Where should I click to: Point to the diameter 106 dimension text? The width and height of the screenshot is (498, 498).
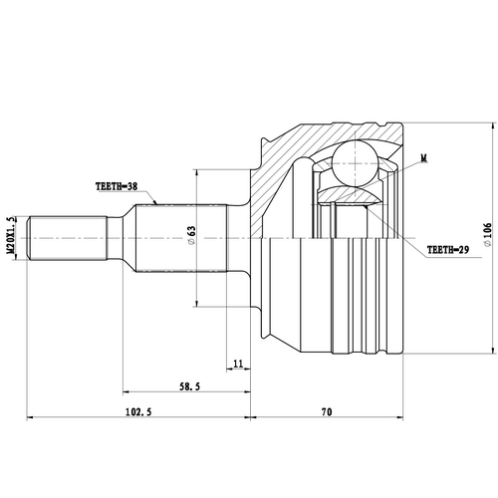click(486, 236)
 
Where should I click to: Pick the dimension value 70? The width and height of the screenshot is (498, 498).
click(328, 410)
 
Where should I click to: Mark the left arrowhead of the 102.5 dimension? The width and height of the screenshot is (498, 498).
click(31, 417)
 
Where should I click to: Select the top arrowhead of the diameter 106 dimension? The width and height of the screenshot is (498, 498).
click(491, 124)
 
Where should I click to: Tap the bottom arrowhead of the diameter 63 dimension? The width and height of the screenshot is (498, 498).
click(199, 303)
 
